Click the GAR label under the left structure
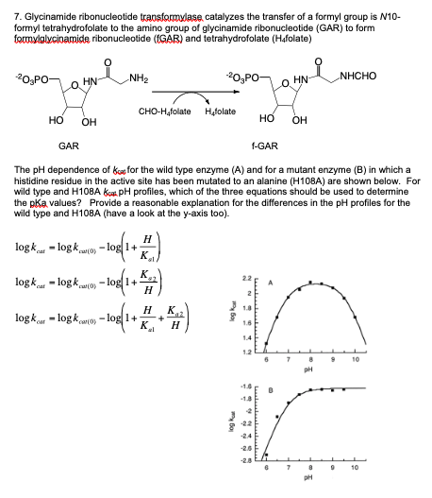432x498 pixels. click(x=69, y=147)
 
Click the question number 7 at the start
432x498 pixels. click(x=6, y=7)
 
